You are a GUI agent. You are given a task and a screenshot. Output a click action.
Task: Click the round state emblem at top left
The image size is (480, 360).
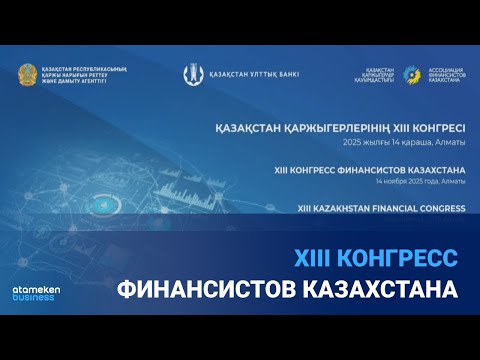[x=28, y=74]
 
